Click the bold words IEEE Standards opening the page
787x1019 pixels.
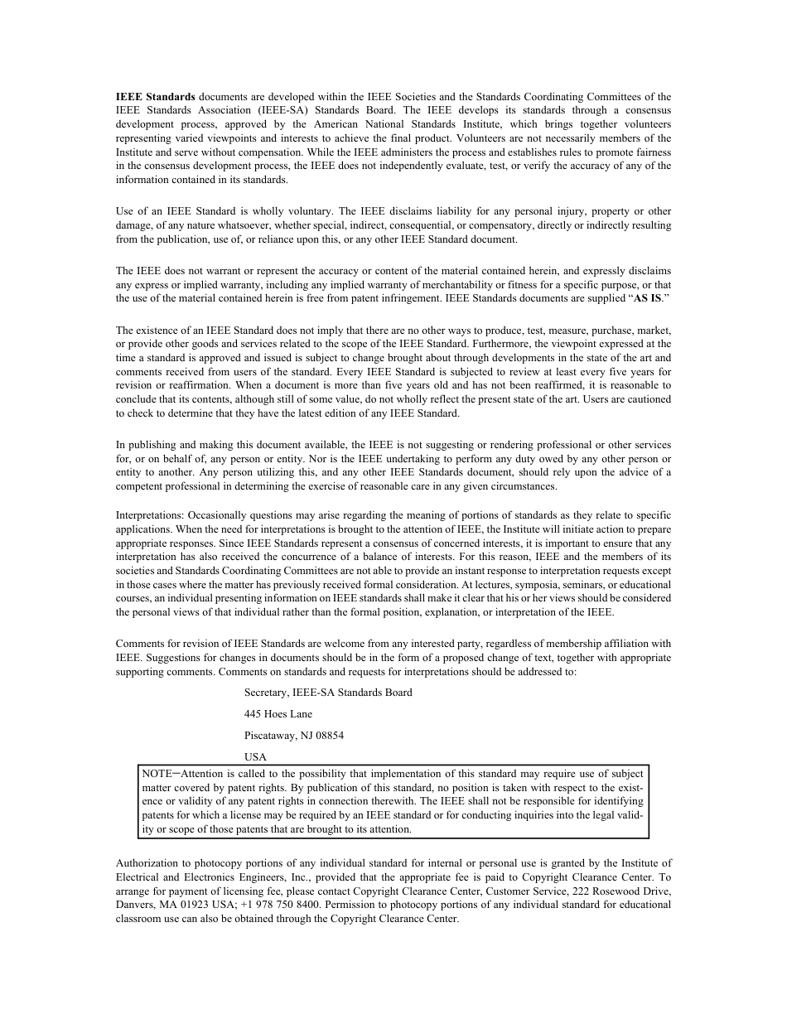[x=156, y=97]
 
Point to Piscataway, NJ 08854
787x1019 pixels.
[x=294, y=736]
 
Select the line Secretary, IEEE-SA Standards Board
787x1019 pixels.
[x=328, y=693]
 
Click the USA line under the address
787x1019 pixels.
[x=255, y=757]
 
